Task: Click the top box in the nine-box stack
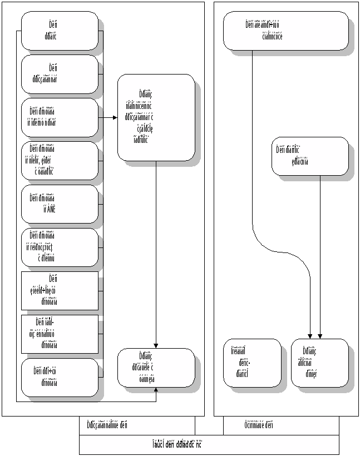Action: coord(60,31)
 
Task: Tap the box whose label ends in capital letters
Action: coord(60,204)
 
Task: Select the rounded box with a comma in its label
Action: coord(60,160)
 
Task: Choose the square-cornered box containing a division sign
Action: coord(60,290)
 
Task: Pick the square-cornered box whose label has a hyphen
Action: coord(60,334)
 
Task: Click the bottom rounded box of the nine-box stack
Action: coord(60,377)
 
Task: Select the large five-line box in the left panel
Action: coord(156,117)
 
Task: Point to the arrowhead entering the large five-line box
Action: coord(115,118)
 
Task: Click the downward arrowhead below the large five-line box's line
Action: coord(156,345)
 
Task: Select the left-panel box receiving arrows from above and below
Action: coord(156,367)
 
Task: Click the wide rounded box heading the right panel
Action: coord(285,31)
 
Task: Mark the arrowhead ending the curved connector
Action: coord(310,335)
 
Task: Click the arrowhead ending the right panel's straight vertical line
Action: coord(320,335)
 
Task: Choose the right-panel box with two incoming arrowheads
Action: coord(319,363)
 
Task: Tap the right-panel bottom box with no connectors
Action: coord(252,363)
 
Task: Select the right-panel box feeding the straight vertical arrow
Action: coord(309,156)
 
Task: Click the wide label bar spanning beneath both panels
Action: coord(209,444)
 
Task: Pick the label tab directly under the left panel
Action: coord(137,425)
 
